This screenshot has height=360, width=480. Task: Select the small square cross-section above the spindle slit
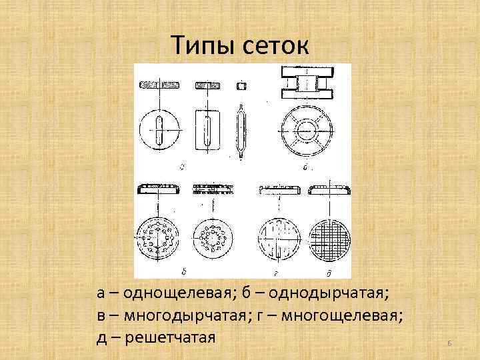click(242, 86)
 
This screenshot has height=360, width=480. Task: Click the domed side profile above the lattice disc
click(331, 189)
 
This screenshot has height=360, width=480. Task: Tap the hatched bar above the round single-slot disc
click(160, 86)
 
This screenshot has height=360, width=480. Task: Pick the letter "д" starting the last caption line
click(101, 337)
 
